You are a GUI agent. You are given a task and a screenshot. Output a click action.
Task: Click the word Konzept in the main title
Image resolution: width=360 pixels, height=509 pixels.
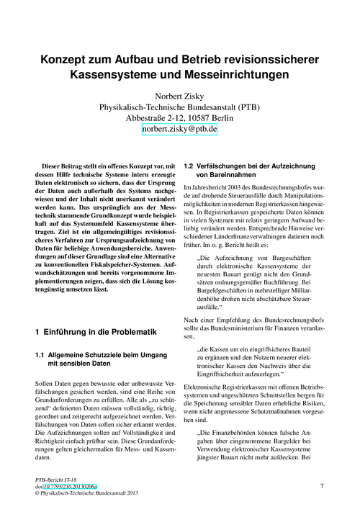pos(68,57)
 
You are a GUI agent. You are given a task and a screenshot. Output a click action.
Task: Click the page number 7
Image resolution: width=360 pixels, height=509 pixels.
pos(321,487)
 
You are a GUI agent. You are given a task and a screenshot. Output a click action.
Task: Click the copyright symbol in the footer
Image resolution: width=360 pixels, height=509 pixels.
pos(37,495)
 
